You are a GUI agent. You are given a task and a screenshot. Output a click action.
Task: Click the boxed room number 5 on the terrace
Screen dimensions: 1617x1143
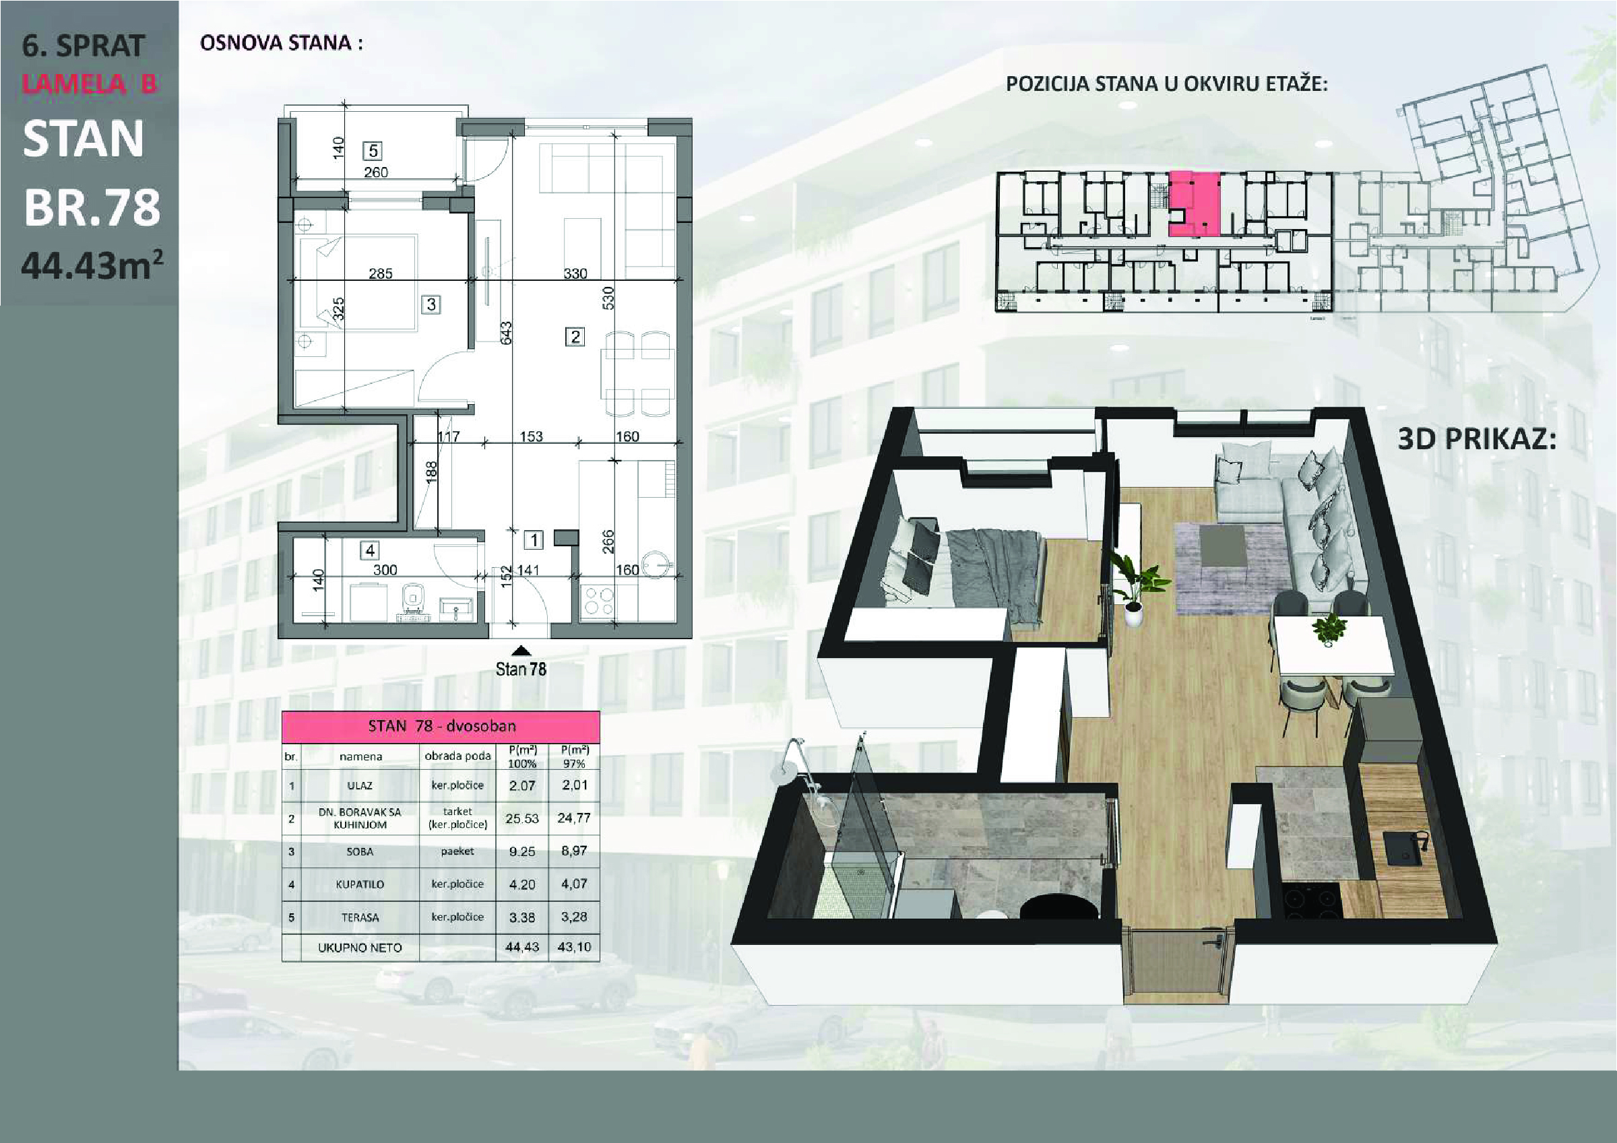click(x=373, y=151)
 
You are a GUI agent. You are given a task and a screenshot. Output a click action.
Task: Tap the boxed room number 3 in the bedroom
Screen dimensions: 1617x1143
click(x=431, y=304)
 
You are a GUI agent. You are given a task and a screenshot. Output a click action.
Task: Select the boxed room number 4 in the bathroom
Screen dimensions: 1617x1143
click(x=370, y=550)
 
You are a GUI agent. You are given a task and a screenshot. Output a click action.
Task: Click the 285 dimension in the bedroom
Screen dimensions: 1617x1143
click(x=380, y=273)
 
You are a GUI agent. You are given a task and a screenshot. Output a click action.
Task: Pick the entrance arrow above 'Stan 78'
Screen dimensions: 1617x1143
click(x=521, y=651)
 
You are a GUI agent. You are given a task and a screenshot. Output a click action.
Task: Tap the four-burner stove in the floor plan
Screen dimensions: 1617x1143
click(x=598, y=602)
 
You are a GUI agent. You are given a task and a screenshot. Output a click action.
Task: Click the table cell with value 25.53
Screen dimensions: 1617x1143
click(x=522, y=818)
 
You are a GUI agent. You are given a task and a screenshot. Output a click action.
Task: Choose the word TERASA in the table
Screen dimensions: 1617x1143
click(x=360, y=917)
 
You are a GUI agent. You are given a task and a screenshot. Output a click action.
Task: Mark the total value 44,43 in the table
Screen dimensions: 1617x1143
click(x=522, y=947)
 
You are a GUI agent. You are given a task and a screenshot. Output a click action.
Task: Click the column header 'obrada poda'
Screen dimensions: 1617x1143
click(x=457, y=756)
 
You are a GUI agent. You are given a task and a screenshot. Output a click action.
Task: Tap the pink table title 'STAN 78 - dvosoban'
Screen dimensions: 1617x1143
click(x=441, y=726)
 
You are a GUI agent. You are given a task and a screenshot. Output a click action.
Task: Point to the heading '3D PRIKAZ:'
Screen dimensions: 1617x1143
click(x=1477, y=439)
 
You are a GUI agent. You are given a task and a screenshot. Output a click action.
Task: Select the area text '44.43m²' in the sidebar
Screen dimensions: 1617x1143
click(x=92, y=265)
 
